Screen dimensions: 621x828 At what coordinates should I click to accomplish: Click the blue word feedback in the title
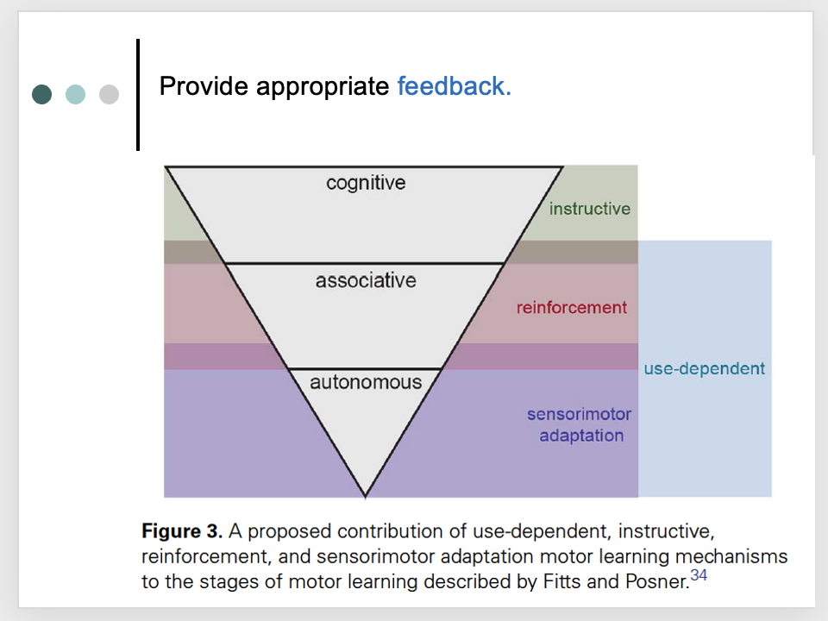pyautogui.click(x=454, y=86)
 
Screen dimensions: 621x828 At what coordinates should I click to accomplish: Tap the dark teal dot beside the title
pyautogui.click(x=41, y=94)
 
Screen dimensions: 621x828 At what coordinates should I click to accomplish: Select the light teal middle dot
pyautogui.click(x=75, y=94)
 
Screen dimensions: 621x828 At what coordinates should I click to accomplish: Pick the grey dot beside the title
pyautogui.click(x=109, y=94)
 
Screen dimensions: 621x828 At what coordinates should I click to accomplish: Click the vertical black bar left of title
pyautogui.click(x=138, y=95)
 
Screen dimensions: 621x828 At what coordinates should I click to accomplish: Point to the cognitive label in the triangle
pyautogui.click(x=366, y=183)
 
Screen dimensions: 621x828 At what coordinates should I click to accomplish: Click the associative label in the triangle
pyautogui.click(x=366, y=280)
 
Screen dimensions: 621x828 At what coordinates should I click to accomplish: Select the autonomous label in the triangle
pyautogui.click(x=366, y=382)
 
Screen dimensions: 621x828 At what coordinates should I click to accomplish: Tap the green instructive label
pyautogui.click(x=590, y=209)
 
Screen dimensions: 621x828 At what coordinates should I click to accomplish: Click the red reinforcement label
pyautogui.click(x=572, y=307)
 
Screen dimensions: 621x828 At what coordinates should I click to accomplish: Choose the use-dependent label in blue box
pyautogui.click(x=704, y=368)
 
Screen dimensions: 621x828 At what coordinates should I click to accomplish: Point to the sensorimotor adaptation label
pyautogui.click(x=580, y=425)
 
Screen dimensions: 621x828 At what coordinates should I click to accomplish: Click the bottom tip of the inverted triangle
pyautogui.click(x=366, y=496)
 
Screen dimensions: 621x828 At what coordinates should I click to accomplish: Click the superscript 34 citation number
pyautogui.click(x=699, y=576)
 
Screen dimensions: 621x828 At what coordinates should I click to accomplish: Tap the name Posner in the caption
pyautogui.click(x=660, y=582)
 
